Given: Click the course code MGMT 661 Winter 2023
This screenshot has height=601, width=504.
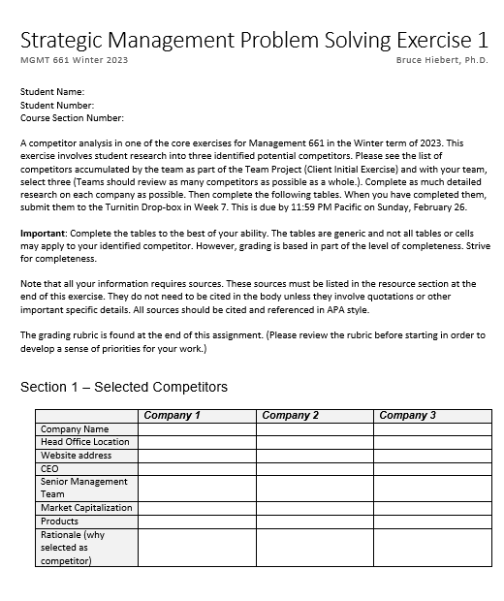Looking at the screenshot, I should (x=74, y=61).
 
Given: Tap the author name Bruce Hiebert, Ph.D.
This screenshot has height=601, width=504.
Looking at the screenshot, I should (x=442, y=61).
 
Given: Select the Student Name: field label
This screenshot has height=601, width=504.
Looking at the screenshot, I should (x=52, y=92).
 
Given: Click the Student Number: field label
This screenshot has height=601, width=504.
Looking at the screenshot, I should (x=57, y=105).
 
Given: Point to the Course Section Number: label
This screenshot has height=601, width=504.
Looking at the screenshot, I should (x=72, y=118).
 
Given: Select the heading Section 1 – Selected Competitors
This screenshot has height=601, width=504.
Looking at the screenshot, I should (x=124, y=387).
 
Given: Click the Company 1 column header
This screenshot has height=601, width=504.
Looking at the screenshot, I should (x=172, y=416).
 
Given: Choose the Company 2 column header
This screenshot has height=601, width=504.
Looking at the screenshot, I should (x=290, y=416).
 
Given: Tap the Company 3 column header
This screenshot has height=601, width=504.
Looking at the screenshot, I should (x=407, y=416).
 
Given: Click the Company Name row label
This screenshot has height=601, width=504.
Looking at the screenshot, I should (x=75, y=429).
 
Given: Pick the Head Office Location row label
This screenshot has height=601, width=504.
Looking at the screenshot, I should (x=85, y=442).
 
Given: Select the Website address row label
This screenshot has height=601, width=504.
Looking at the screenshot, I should (x=76, y=456).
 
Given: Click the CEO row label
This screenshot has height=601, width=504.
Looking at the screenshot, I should (x=49, y=468).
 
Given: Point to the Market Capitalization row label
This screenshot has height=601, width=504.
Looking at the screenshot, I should (x=86, y=508).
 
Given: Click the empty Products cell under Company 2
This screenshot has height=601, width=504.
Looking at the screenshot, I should (x=314, y=522).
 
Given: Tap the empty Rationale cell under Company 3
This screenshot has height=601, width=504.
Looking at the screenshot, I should (x=432, y=547).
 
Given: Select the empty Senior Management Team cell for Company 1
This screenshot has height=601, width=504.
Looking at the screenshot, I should (x=197, y=488).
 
